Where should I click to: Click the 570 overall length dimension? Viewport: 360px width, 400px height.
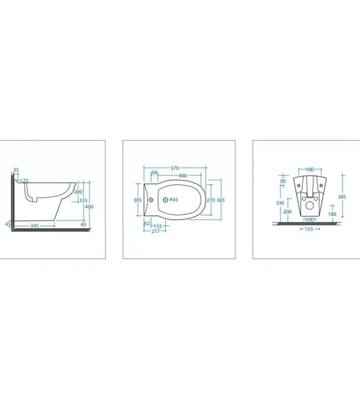tap(174, 168)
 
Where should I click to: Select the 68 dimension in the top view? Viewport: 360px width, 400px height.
tap(154, 172)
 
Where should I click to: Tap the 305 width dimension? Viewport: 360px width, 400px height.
tap(138, 200)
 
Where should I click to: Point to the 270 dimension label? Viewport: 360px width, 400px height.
tap(211, 200)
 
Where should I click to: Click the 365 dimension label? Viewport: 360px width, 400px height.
tap(221, 200)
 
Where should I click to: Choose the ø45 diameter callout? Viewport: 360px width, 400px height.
tap(174, 200)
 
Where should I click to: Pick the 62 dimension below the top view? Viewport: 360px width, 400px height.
tap(147, 224)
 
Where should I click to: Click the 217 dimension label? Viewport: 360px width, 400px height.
tap(156, 231)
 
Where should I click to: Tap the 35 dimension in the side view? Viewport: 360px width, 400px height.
tap(16, 170)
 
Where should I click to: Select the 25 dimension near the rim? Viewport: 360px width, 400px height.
tap(26, 181)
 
